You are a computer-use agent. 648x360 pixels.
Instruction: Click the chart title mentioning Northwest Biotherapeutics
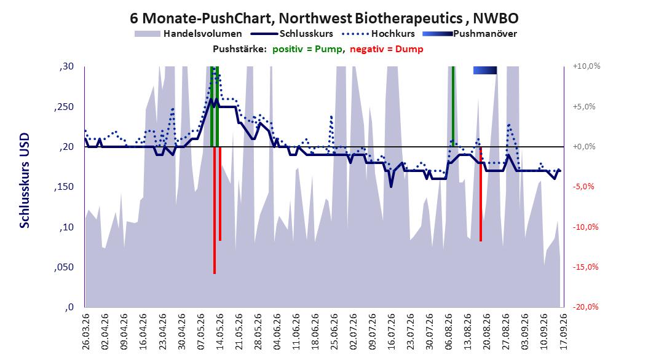[324, 18]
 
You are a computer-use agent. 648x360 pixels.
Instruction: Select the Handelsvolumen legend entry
[189, 34]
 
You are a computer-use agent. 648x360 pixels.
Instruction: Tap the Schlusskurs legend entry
[291, 34]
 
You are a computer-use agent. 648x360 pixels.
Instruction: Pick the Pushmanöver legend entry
[470, 34]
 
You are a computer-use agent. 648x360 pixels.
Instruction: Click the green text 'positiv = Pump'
[307, 49]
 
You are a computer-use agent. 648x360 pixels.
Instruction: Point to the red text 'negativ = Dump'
[387, 49]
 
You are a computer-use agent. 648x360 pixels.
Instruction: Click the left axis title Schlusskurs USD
[25, 181]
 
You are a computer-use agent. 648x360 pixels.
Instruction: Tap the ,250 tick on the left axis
[64, 107]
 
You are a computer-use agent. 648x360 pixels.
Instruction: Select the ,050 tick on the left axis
[64, 267]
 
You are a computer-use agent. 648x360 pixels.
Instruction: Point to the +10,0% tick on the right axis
[587, 66]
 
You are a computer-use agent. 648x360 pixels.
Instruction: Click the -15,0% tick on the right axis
[585, 267]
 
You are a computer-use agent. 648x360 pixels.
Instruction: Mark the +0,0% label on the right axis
[584, 147]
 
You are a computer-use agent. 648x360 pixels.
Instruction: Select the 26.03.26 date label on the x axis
[85, 332]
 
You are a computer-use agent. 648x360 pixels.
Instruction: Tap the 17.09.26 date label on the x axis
[563, 332]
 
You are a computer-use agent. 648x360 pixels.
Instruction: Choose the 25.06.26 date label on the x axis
[334, 332]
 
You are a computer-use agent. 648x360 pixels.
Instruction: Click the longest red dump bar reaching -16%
[215, 210]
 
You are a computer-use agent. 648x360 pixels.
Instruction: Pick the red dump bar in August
[481, 194]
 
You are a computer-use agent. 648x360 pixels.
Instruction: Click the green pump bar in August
[453, 106]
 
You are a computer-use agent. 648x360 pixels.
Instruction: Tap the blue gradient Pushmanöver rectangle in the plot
[484, 70]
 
